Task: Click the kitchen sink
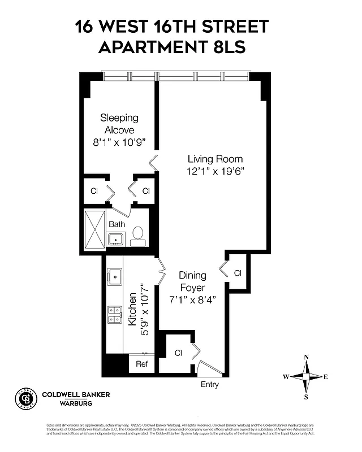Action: tap(116, 277)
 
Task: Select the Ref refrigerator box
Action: tap(141, 364)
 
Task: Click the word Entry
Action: tap(209, 385)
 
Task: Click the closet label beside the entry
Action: tap(178, 353)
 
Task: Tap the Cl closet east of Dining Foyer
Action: tap(238, 273)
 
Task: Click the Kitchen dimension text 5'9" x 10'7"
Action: tap(146, 310)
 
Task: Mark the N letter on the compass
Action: tap(306, 357)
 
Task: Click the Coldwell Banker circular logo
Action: tap(25, 398)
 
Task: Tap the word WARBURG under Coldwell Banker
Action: tap(67, 403)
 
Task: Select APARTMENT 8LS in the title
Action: tap(172, 47)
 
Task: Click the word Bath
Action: tap(117, 224)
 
